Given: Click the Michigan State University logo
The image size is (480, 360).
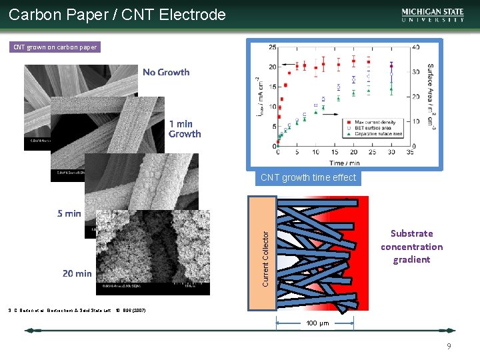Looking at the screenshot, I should [x=433, y=15].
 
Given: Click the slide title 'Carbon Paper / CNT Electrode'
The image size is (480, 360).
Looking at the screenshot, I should [x=117, y=14].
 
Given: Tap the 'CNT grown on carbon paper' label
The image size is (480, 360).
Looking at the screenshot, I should [x=55, y=47].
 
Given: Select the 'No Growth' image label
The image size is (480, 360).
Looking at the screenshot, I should [x=166, y=72].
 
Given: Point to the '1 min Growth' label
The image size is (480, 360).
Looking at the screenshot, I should [x=183, y=129].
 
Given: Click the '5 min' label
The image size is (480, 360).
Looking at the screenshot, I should [x=69, y=213].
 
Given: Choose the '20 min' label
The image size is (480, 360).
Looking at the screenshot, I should [x=77, y=273].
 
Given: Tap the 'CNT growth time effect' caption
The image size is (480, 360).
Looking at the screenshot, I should [x=308, y=178].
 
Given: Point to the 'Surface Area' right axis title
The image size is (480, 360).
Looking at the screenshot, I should [x=430, y=94].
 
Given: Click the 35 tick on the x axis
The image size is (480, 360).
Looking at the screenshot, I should [x=410, y=152].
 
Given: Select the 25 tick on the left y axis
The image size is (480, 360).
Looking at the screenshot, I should [x=273, y=47].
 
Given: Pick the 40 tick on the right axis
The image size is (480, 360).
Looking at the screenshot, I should [x=416, y=47].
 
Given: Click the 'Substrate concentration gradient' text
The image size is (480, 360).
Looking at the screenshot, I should [x=411, y=247].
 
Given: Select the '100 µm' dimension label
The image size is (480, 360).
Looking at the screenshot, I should [x=317, y=323].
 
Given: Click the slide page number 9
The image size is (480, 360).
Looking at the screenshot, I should [x=449, y=346].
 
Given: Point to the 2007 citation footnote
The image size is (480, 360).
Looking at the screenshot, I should [x=77, y=310].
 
